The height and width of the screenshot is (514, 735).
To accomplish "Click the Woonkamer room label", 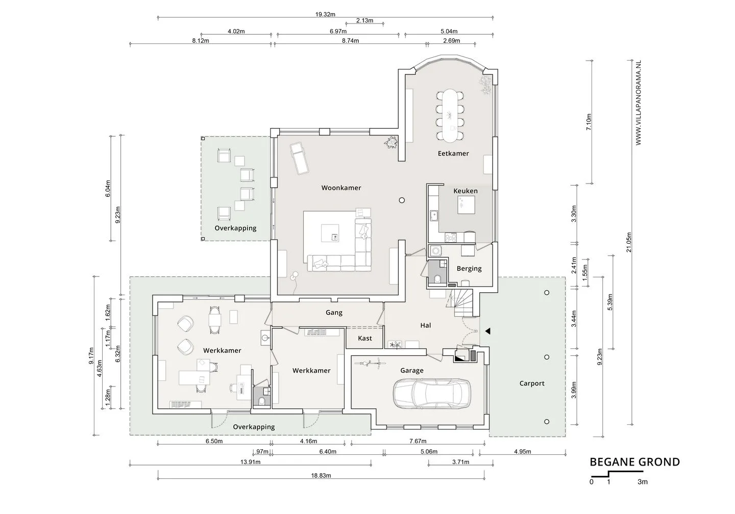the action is [341, 188].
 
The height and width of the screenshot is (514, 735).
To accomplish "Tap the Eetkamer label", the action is [453, 153].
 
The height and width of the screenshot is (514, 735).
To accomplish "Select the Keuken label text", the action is [465, 191].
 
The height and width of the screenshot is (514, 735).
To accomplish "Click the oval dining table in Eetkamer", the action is [450, 115].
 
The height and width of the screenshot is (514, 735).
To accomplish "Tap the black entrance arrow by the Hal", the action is [487, 331].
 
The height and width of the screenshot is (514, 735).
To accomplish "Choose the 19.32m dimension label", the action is [325, 14].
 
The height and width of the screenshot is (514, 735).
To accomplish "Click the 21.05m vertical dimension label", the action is [629, 242].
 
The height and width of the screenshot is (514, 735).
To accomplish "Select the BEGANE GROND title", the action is [634, 462].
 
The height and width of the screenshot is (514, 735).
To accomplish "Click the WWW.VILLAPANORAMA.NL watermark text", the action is [638, 102].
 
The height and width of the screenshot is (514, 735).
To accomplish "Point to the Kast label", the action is [365, 338].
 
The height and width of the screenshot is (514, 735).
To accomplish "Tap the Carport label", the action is [531, 383].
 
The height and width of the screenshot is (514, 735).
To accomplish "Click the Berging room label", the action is [469, 269].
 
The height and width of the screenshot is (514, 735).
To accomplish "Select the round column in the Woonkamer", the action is [402, 200].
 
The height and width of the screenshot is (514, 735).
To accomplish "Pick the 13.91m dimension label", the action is [250, 462].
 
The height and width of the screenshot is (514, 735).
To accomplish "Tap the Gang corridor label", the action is [334, 313].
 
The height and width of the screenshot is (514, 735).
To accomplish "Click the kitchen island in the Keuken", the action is [466, 205].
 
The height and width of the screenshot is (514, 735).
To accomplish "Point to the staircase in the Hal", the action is [460, 303].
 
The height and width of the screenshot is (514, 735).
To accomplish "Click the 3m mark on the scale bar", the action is [643, 482].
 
